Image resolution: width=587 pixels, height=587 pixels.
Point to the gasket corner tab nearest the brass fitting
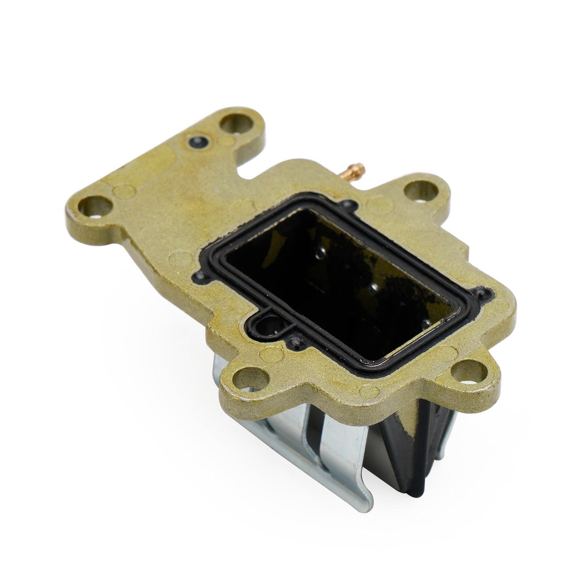[x=346, y=204]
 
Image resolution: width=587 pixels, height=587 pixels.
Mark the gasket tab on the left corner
[x=199, y=276]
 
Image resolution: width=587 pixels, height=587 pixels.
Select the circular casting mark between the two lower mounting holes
[x=368, y=391]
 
